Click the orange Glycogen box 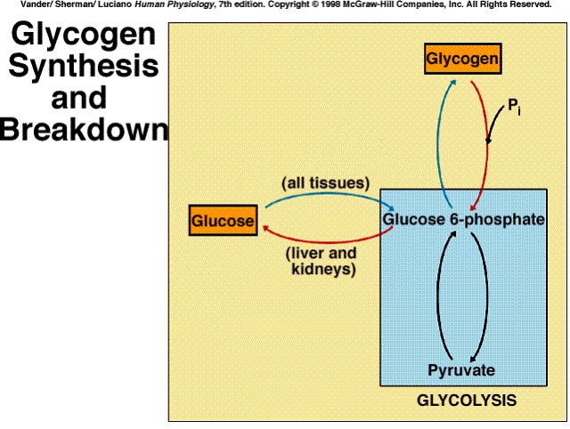point(463,59)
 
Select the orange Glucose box point(223,220)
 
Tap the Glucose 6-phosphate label point(463,219)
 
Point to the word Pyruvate point(461,370)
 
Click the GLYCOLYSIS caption point(467,401)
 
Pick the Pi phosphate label point(514,107)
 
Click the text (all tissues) point(326,182)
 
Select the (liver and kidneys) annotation point(322,261)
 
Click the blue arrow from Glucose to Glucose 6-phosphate point(329,194)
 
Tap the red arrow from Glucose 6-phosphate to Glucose point(327,242)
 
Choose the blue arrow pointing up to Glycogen point(438,145)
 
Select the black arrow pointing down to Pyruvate point(486,298)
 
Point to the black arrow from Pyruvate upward point(437,298)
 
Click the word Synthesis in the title point(84,66)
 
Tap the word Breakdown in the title point(85,129)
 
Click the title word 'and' point(79,97)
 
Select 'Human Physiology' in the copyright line point(175,4)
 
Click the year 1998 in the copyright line point(330,4)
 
